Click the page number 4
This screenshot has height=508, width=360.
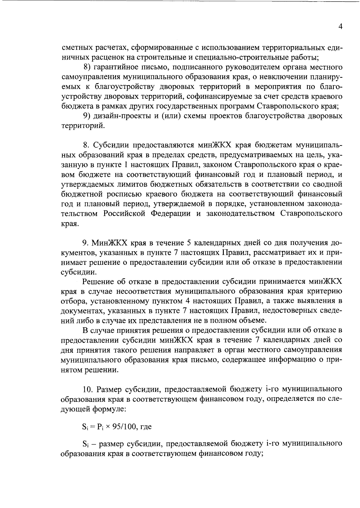click(x=340, y=26)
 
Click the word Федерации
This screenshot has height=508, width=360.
click(x=170, y=214)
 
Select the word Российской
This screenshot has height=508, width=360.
click(x=125, y=214)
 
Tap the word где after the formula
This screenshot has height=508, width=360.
click(x=145, y=427)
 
